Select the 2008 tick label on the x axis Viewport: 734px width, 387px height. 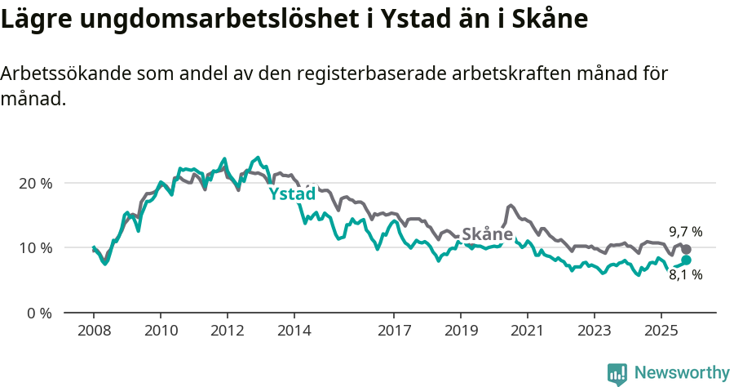(93, 332)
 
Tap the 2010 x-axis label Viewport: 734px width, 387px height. (160, 332)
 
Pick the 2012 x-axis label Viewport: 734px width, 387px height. (227, 332)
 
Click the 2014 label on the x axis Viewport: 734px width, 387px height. (294, 332)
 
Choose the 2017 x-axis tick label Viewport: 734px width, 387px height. (394, 332)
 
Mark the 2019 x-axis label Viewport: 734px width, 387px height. (461, 332)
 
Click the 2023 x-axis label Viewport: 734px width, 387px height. (594, 332)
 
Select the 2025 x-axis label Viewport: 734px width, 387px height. (661, 332)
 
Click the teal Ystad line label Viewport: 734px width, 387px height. (292, 194)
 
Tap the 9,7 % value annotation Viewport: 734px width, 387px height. (685, 232)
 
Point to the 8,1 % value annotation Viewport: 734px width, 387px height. (685, 275)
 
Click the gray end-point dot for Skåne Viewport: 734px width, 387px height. (686, 249)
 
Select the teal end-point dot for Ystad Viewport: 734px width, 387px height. (686, 260)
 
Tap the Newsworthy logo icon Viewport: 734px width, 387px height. (617, 373)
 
